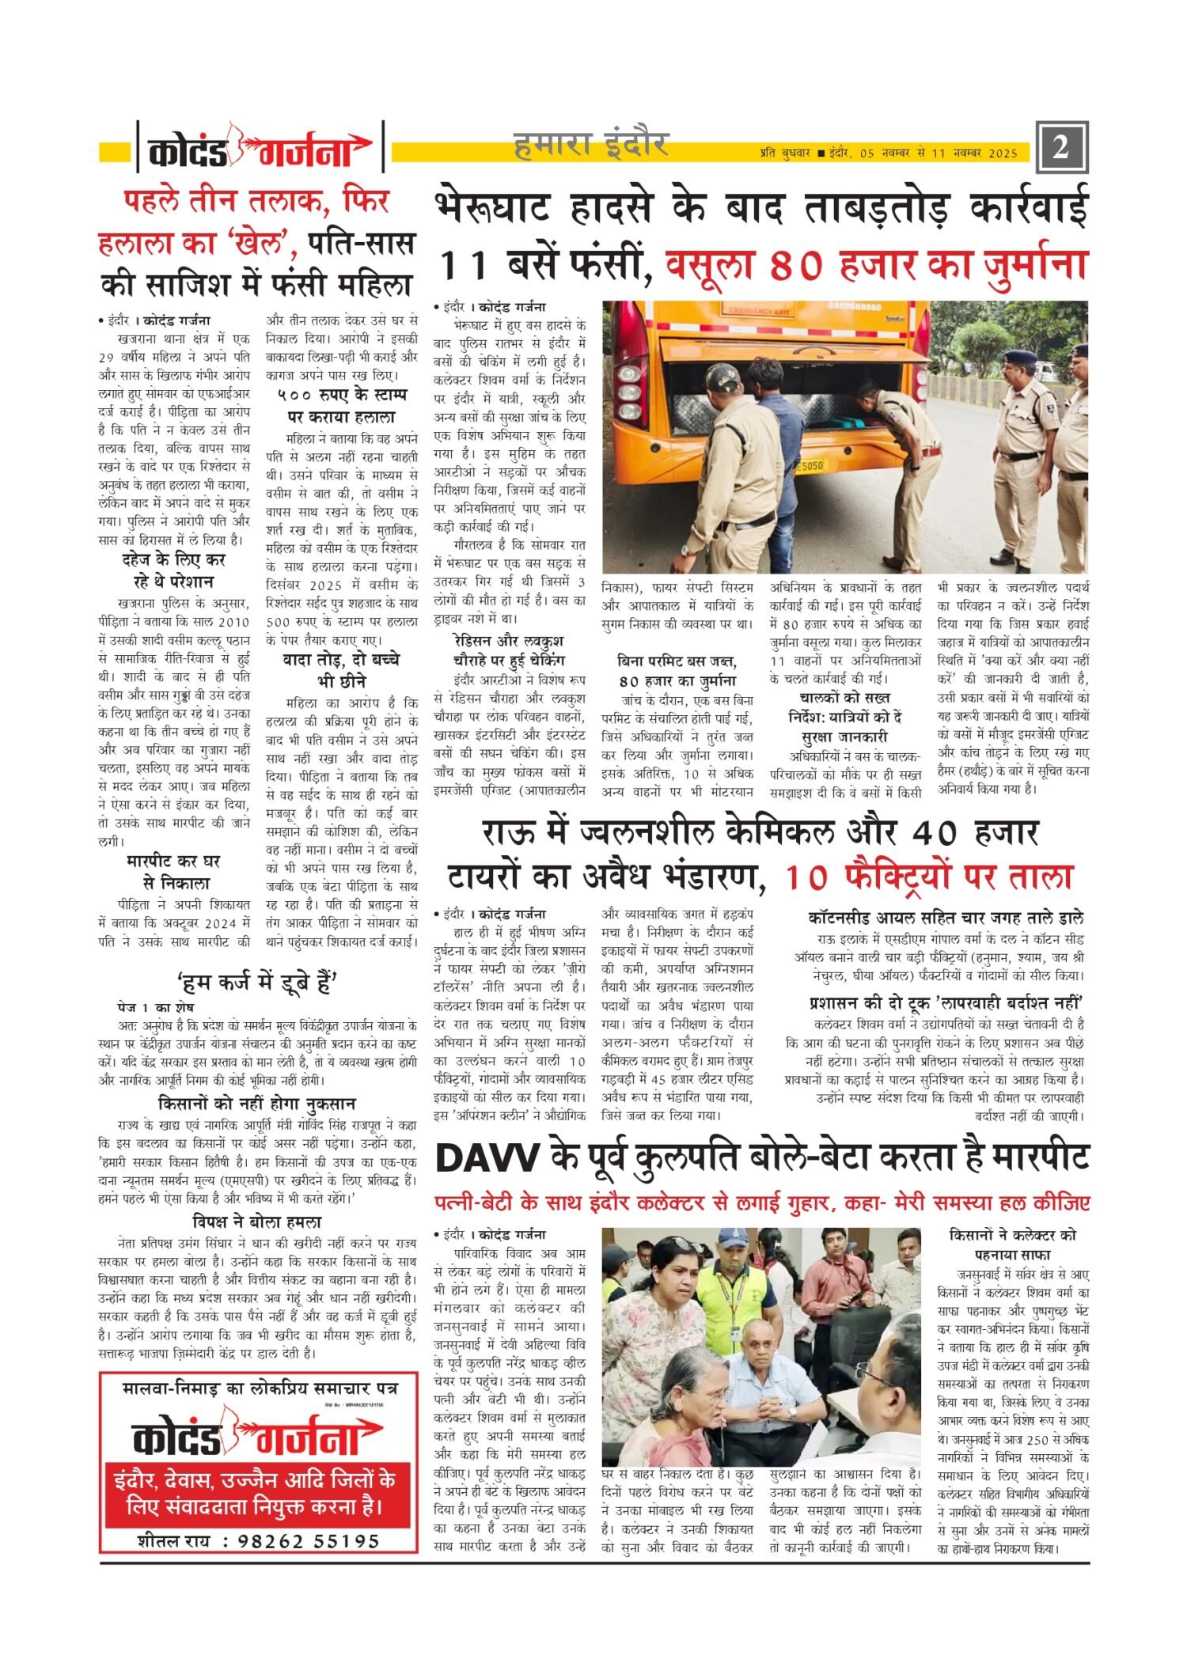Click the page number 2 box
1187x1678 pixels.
[1061, 147]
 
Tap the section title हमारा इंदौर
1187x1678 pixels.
[591, 145]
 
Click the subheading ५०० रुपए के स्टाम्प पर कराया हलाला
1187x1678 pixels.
[341, 405]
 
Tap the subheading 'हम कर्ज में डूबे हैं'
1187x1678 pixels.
[258, 983]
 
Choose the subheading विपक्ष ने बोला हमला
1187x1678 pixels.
[257, 1222]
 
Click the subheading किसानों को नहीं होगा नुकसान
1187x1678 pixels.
[257, 1103]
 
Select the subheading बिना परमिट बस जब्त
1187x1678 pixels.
[677, 670]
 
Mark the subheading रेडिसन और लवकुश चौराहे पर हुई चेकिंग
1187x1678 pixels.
[509, 650]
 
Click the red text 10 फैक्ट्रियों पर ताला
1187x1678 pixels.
[928, 877]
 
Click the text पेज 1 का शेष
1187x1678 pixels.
[156, 1007]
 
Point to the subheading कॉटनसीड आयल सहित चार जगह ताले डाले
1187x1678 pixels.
[946, 918]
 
